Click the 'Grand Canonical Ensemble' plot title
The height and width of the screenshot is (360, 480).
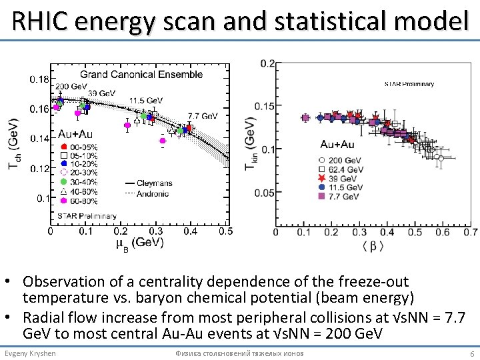(x=141, y=74)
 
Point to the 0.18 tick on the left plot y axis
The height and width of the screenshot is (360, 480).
(x=39, y=79)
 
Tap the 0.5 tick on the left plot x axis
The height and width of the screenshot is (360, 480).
(x=225, y=231)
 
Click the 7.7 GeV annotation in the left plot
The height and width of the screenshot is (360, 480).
(x=203, y=115)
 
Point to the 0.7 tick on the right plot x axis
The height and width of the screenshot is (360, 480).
(x=471, y=232)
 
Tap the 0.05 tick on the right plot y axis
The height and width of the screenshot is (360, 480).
(x=265, y=193)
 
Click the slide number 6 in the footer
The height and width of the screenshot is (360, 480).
(x=472, y=353)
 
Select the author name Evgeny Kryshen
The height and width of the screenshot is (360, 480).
(x=30, y=353)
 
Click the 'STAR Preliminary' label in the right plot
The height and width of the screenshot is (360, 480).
(x=409, y=84)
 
